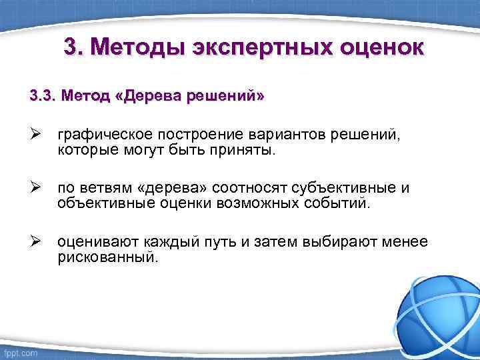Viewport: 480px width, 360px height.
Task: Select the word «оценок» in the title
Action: tap(375, 48)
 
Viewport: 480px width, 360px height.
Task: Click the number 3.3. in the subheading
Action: tap(43, 96)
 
